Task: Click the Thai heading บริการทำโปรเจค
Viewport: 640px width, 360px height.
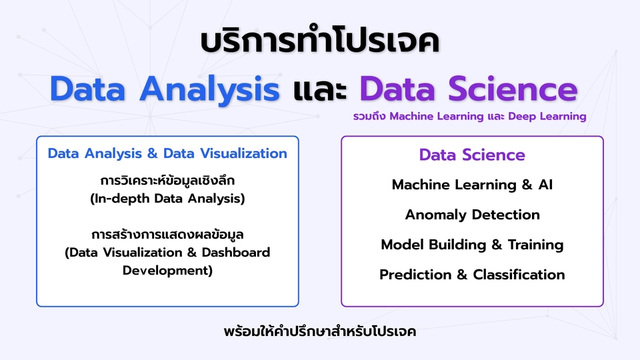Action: (319, 41)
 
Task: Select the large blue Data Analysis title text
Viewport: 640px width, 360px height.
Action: (164, 89)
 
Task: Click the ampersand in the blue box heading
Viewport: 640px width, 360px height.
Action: (152, 153)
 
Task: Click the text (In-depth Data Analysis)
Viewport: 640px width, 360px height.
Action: (167, 198)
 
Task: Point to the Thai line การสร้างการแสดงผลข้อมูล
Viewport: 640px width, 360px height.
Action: (167, 235)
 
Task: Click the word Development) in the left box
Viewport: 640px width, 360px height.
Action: (167, 271)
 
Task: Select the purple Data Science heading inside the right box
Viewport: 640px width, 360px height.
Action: (472, 155)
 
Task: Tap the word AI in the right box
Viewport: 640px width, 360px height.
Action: (545, 185)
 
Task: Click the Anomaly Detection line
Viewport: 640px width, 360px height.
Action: (472, 215)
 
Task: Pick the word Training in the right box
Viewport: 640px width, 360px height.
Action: (535, 245)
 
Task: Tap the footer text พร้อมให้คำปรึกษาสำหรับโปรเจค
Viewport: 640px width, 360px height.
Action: (320, 331)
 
